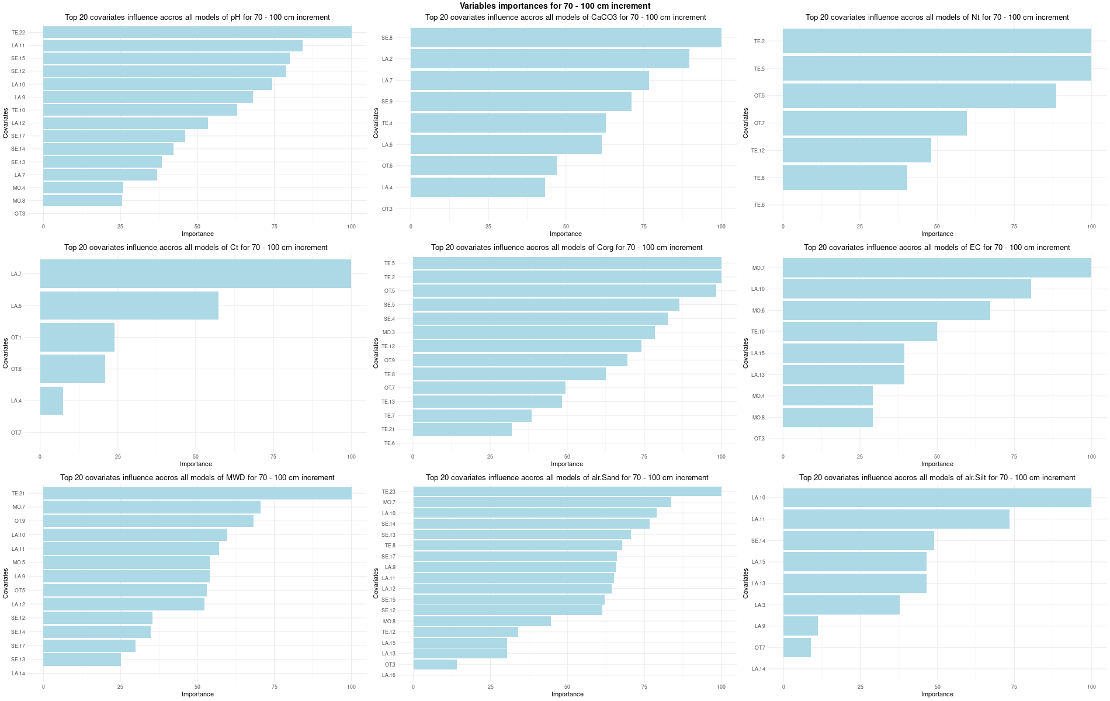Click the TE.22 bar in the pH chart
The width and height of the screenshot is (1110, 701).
(x=197, y=32)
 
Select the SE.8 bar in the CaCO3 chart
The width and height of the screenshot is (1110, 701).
(x=566, y=38)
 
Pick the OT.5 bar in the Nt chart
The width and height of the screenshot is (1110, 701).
(x=919, y=96)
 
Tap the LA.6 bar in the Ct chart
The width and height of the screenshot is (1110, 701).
(x=129, y=306)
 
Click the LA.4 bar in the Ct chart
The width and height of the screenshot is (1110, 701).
(x=51, y=401)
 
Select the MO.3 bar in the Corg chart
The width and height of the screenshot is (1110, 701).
(x=533, y=332)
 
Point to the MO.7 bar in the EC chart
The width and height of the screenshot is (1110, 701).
(x=936, y=268)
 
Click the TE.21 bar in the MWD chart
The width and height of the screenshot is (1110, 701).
(x=197, y=494)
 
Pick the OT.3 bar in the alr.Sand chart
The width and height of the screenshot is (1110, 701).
(x=435, y=665)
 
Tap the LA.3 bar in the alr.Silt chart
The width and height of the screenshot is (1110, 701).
(x=841, y=605)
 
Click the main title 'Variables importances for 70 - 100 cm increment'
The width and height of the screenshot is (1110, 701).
(x=555, y=6)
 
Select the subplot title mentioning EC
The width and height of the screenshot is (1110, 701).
(x=936, y=248)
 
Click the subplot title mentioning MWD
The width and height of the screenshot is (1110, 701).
(x=197, y=478)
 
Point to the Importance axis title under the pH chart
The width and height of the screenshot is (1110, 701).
(x=197, y=234)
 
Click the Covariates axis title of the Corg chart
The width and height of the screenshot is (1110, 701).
(x=376, y=353)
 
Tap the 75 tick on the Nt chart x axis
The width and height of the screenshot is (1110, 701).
(x=1014, y=226)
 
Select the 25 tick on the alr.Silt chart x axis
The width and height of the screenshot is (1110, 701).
(x=860, y=687)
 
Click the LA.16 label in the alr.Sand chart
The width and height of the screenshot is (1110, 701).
(x=388, y=675)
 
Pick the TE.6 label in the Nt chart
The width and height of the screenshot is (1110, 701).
(x=759, y=205)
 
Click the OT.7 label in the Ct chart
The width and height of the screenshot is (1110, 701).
(x=16, y=433)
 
